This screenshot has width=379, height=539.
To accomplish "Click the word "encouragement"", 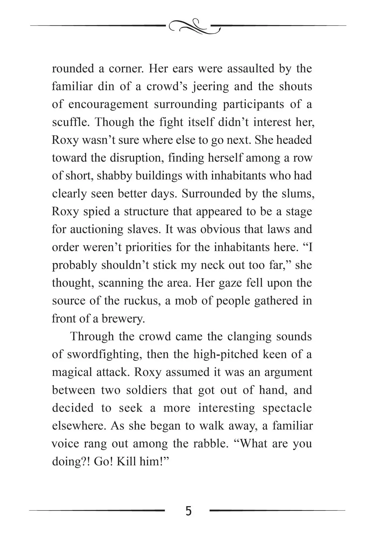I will (108, 104).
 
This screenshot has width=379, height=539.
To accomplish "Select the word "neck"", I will (212, 265).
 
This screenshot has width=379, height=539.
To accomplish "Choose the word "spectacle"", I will (287, 408).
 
